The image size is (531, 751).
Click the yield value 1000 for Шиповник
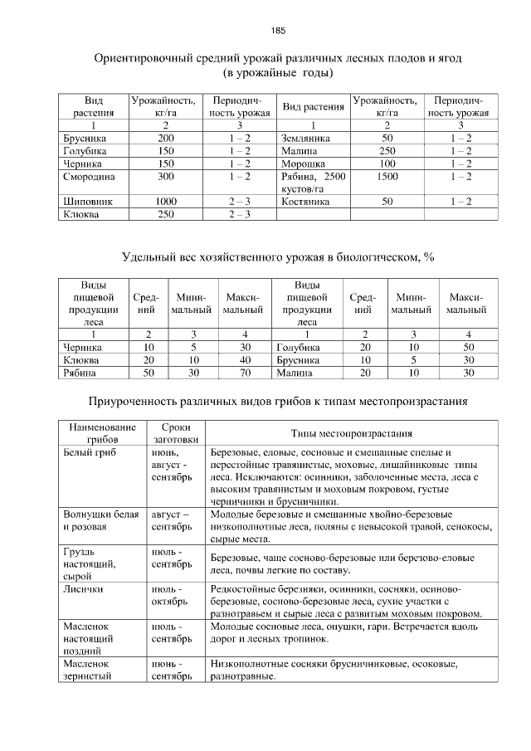tap(166, 202)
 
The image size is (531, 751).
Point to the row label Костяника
tap(305, 202)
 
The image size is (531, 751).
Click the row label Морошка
tap(303, 164)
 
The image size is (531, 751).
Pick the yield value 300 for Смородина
tap(166, 178)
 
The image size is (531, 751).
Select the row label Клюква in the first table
tap(80, 215)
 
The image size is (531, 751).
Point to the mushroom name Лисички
tap(84, 588)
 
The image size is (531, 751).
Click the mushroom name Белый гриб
tap(90, 453)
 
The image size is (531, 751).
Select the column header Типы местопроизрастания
tap(352, 434)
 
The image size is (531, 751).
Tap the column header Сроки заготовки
tap(176, 434)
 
